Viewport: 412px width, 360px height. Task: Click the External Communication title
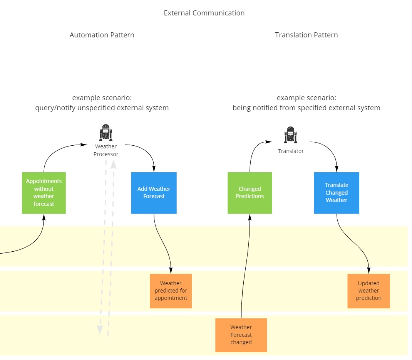(204, 13)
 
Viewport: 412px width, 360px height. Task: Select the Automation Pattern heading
(102, 35)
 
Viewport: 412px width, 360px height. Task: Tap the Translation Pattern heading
(306, 35)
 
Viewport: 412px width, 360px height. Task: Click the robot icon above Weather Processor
(106, 133)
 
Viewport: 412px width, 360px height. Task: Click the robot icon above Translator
(291, 135)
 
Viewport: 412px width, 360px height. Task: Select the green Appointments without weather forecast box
(44, 193)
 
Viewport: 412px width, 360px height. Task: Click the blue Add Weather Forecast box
(154, 193)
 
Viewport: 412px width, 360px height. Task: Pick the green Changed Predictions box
(250, 193)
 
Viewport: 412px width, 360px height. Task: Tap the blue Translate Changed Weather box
(337, 193)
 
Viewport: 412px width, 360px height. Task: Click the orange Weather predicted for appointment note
(171, 291)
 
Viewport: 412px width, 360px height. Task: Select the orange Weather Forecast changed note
(241, 335)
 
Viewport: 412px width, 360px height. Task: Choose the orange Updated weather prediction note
(368, 291)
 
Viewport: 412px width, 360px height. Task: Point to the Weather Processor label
(106, 150)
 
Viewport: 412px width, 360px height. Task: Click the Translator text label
(291, 151)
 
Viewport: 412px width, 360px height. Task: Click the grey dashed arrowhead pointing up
(114, 165)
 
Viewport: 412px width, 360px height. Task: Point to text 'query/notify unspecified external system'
(102, 108)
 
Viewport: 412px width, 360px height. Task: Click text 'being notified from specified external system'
(306, 108)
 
